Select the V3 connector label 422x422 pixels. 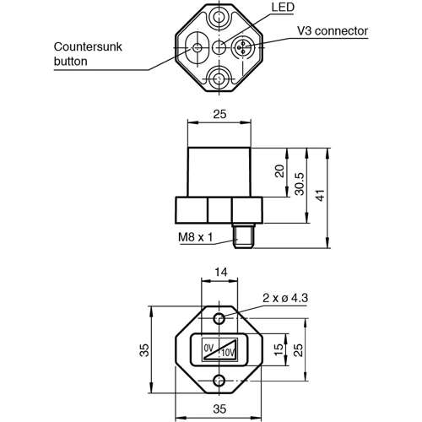click(x=333, y=31)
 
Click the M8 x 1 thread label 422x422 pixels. click(x=195, y=238)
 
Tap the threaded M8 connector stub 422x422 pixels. click(x=244, y=240)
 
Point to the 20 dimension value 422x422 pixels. click(x=281, y=172)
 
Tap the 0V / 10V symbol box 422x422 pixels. click(x=219, y=349)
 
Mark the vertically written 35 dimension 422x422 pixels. click(x=144, y=349)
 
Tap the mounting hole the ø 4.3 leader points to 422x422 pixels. click(x=219, y=318)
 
